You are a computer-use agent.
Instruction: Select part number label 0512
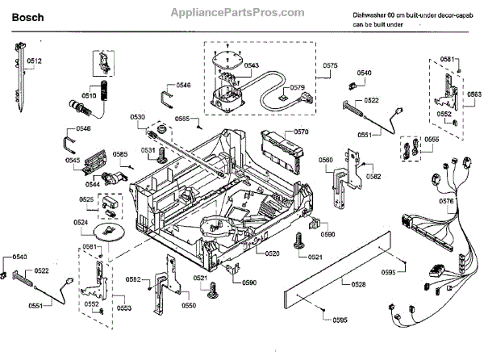[33, 61]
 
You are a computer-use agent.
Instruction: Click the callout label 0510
[88, 94]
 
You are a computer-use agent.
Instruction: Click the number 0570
[301, 131]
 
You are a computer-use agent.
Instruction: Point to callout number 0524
[81, 222]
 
